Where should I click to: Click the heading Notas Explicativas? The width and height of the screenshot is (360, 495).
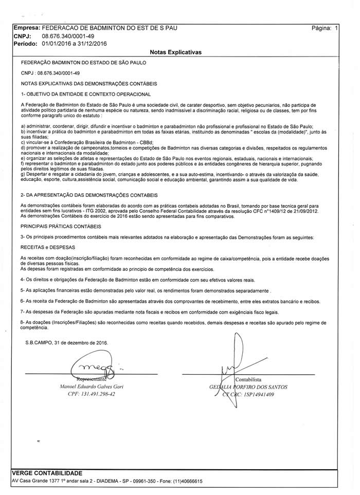click(175, 52)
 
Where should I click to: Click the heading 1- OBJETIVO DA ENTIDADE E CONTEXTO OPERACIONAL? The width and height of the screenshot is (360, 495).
click(86, 94)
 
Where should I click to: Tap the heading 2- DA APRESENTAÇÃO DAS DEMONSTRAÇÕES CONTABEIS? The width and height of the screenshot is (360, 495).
click(92, 196)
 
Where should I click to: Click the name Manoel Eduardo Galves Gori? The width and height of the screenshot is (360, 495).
click(87, 387)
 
